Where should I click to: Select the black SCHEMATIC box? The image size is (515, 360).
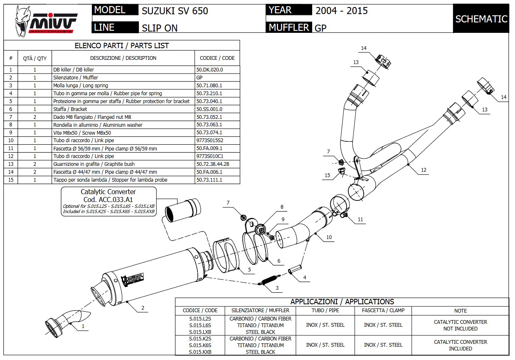pos(481,19)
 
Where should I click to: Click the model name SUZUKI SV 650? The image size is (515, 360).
pos(175,11)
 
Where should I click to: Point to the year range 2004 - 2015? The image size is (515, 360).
pos(341,11)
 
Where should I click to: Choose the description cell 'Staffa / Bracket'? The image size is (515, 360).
pos(70,109)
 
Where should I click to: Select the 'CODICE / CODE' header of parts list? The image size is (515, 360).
pos(217,58)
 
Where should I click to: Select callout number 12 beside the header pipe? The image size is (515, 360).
pos(424,170)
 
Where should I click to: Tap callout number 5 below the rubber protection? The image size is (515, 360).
pos(249,270)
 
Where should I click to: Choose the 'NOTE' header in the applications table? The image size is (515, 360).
pos(460,311)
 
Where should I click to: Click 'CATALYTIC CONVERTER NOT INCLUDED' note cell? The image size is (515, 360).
pos(460,325)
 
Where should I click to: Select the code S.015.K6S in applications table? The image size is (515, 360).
pos(200,345)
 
